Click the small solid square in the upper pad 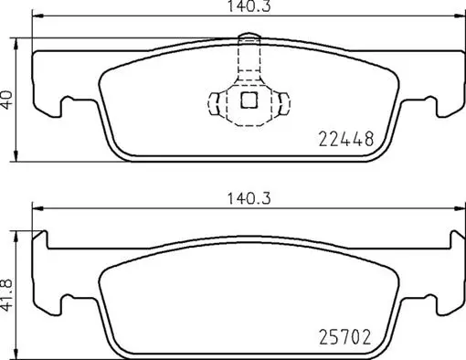(247, 101)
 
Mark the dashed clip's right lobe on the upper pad (281, 101)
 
